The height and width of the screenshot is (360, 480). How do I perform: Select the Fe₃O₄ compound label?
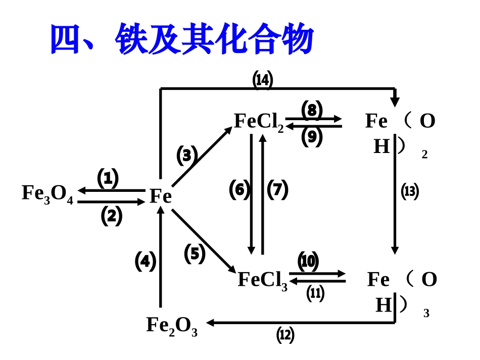point(47,194)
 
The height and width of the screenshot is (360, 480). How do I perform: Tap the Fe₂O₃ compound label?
point(172,326)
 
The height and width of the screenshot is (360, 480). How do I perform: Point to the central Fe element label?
point(161,196)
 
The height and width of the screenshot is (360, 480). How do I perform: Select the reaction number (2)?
point(112,216)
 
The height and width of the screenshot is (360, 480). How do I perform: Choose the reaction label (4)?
point(146,262)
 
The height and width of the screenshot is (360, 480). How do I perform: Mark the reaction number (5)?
point(195,254)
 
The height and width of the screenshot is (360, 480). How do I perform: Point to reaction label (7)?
point(277,190)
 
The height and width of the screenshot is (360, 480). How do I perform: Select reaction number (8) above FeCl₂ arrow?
point(312,110)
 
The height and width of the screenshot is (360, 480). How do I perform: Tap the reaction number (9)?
point(312,137)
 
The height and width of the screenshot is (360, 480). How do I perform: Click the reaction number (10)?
point(308,262)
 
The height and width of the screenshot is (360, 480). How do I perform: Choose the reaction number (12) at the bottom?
point(285,335)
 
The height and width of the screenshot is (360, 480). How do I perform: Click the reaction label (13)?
point(410,191)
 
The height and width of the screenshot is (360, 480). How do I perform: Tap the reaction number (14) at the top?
point(262,80)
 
